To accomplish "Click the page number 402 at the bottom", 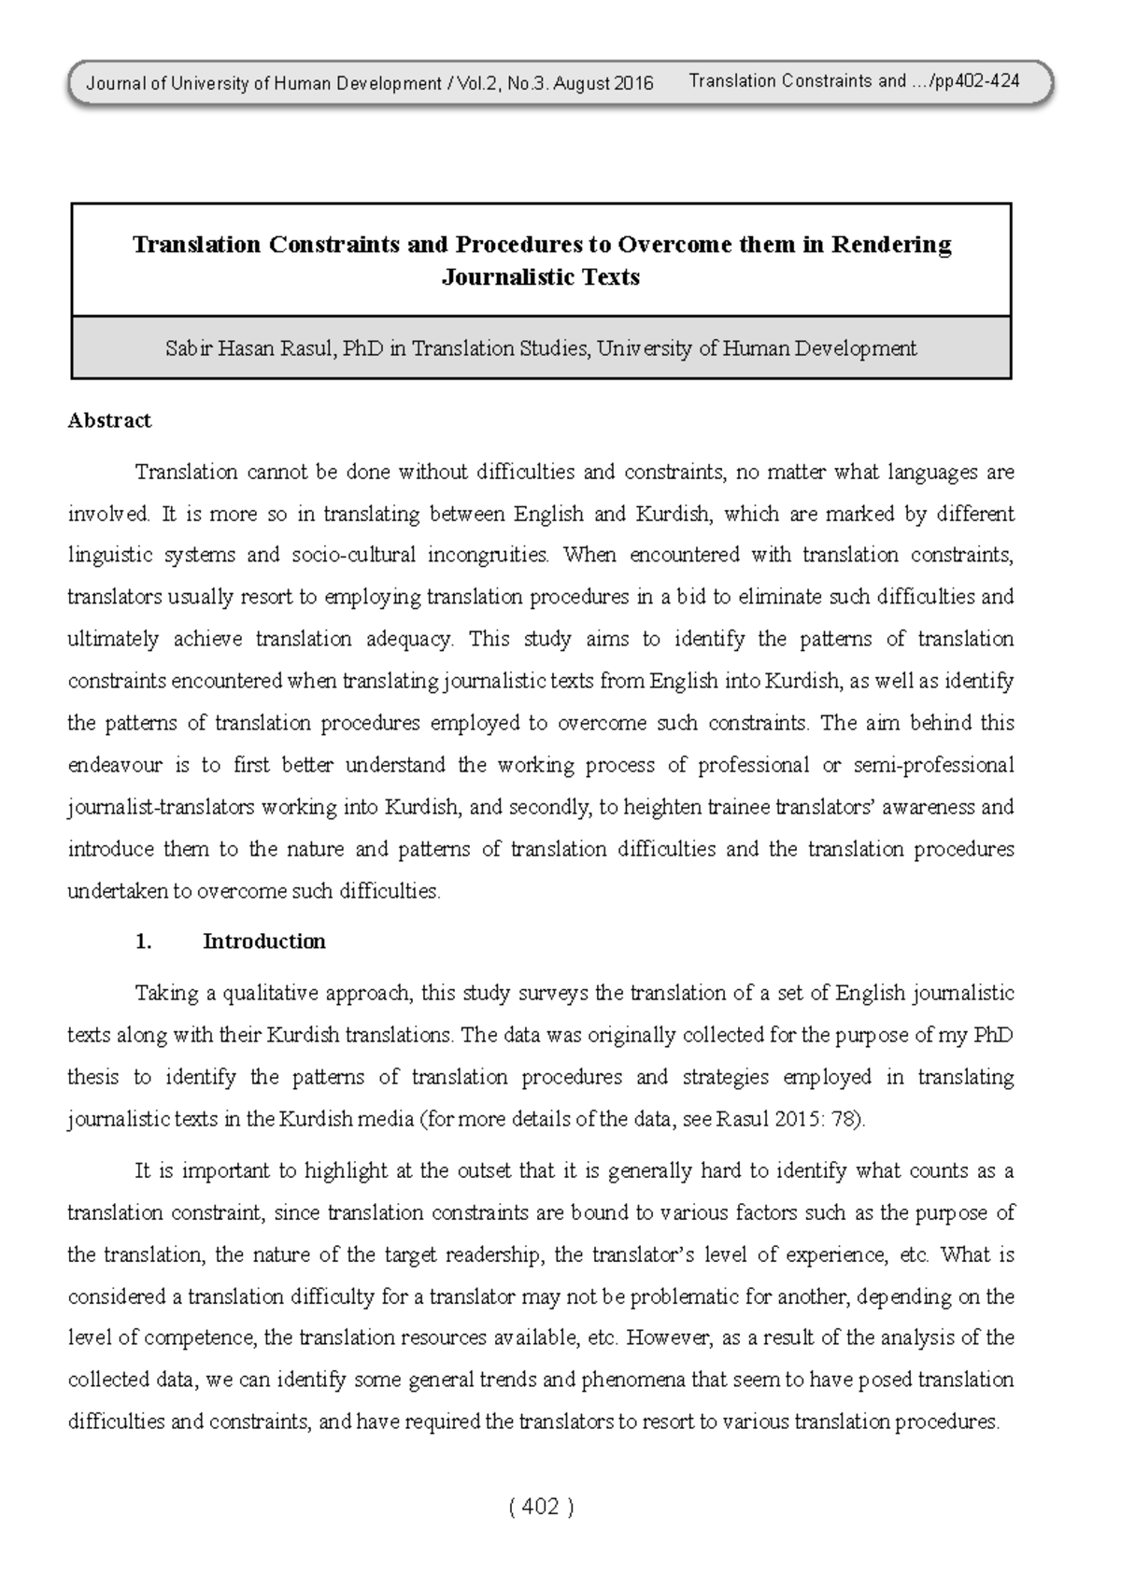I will tap(541, 1507).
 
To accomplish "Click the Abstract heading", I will tap(109, 421).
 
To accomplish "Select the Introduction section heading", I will tap(264, 942).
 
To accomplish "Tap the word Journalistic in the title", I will tap(487, 277).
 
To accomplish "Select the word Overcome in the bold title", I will tap(674, 245).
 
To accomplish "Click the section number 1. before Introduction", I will tap(143, 942).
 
